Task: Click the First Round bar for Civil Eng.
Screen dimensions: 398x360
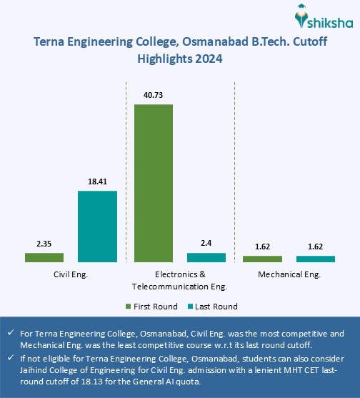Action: point(44,257)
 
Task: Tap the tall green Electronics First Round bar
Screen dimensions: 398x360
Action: point(154,183)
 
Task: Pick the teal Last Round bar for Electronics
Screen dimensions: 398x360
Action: point(206,257)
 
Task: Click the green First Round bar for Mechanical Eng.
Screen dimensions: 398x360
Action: point(263,259)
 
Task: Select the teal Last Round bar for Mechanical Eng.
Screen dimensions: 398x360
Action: point(316,259)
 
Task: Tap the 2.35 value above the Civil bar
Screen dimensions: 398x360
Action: point(44,243)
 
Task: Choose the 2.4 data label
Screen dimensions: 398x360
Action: point(206,243)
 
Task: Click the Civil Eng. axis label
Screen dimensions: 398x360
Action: point(71,274)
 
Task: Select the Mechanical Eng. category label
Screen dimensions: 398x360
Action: point(289,274)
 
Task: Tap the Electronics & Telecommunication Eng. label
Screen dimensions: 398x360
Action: point(180,280)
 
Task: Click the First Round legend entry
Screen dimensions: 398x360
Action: point(149,306)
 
